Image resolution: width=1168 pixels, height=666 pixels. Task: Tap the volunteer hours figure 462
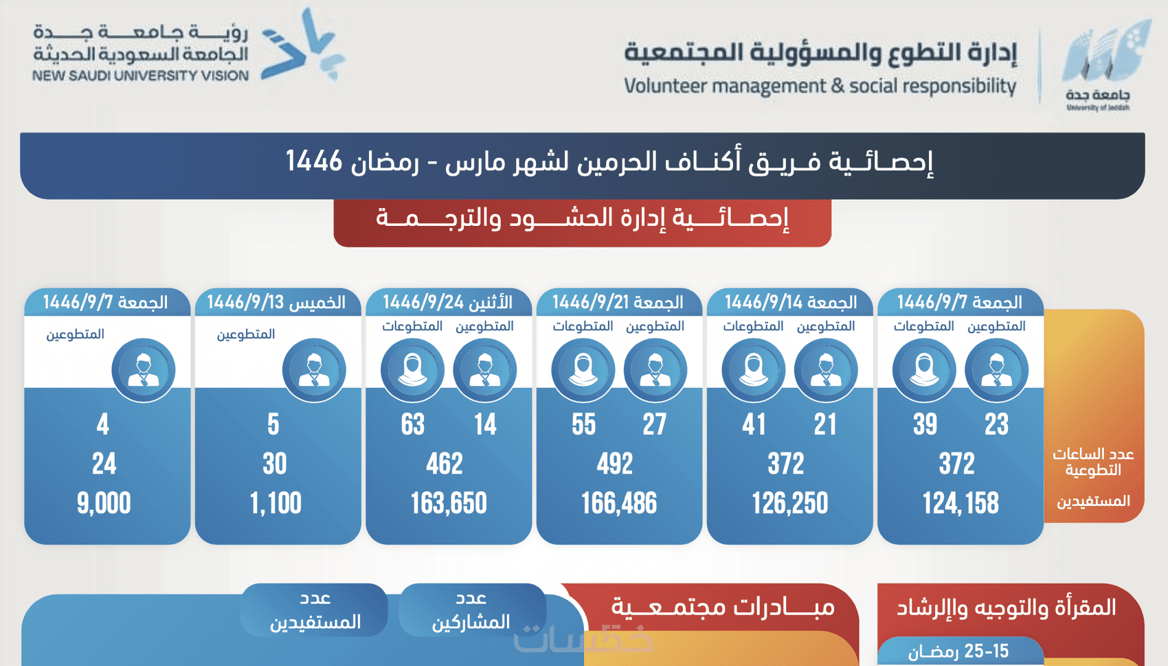point(445,465)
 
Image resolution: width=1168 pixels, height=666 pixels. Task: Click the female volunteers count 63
point(413,425)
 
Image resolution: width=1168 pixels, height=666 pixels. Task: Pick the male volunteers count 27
point(655,425)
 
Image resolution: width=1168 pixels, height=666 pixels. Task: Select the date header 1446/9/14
point(790,303)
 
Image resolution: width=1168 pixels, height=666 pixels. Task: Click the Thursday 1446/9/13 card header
point(276,303)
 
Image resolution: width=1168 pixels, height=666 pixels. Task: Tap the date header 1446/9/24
point(448,303)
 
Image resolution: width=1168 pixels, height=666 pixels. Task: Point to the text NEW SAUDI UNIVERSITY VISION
point(140,76)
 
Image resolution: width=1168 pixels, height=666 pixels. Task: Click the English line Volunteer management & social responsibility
point(820,87)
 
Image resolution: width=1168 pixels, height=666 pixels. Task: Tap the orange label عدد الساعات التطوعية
point(1093,462)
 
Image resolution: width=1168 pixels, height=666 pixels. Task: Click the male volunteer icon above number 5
point(314,370)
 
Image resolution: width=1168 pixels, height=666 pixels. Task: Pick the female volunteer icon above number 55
point(583,370)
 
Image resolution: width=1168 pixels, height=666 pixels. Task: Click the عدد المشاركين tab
point(471,610)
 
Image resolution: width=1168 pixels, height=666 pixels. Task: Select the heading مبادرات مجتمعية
point(723,608)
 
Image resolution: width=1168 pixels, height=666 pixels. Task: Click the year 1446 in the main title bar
point(314,162)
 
